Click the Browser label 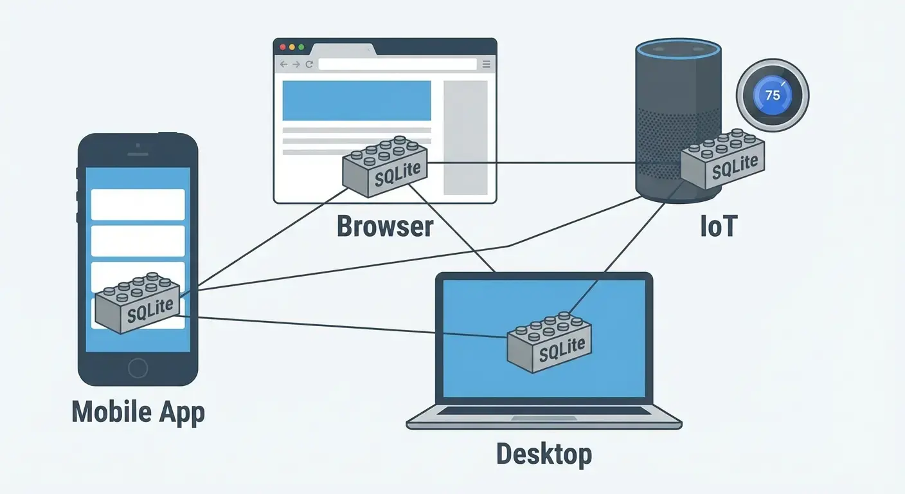(x=384, y=227)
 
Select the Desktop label (x=544, y=454)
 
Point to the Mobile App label (x=138, y=412)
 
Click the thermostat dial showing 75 (x=773, y=96)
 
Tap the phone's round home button (x=138, y=368)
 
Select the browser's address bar (x=397, y=64)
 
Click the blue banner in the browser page (x=357, y=100)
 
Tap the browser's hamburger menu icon (x=486, y=64)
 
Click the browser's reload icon (x=309, y=64)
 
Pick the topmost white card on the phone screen (x=138, y=205)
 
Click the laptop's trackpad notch (x=544, y=419)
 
